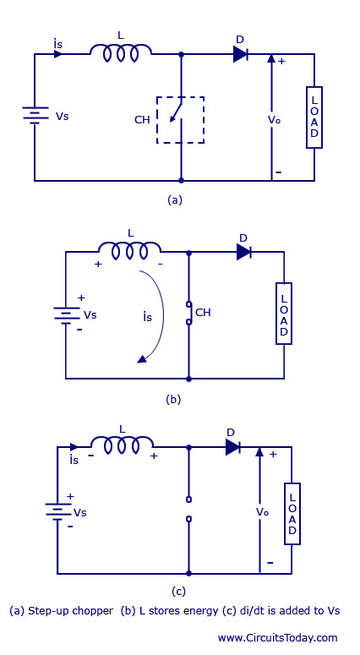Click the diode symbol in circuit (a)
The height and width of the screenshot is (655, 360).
tap(241, 54)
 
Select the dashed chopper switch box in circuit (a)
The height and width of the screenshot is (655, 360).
tap(180, 120)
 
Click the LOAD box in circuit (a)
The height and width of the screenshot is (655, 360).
tap(314, 117)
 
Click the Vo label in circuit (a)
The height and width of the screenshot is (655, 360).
tap(274, 120)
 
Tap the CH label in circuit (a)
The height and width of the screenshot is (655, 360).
tap(142, 120)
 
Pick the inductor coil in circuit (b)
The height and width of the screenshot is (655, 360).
tap(130, 251)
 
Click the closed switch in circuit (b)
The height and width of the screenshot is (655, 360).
tap(188, 313)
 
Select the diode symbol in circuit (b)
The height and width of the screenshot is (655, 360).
tap(244, 252)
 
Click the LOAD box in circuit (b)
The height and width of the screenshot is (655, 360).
tap(284, 314)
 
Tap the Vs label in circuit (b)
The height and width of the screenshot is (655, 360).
tap(90, 315)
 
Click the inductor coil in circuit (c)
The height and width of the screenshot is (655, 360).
tap(122, 445)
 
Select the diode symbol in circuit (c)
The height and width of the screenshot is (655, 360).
tap(232, 447)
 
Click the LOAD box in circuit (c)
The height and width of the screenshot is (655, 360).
tap(292, 514)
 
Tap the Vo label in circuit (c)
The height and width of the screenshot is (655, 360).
tap(262, 512)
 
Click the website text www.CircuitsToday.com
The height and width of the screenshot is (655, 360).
tap(277, 638)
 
